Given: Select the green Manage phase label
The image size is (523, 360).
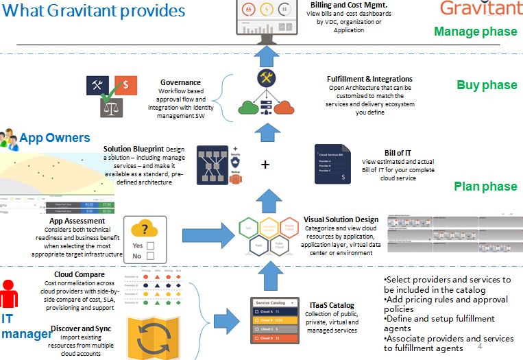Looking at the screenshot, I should tap(475, 32).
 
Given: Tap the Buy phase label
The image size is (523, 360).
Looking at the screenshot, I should tap(487, 85).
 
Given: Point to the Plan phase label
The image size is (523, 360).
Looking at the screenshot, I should tap(485, 187).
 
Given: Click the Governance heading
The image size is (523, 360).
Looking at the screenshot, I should tap(180, 82).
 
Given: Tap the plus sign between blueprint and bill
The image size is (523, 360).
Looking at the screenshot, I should tap(265, 165).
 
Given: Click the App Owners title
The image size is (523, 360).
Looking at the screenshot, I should tap(54, 138).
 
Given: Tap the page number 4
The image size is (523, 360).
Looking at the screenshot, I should tap(480, 347).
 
